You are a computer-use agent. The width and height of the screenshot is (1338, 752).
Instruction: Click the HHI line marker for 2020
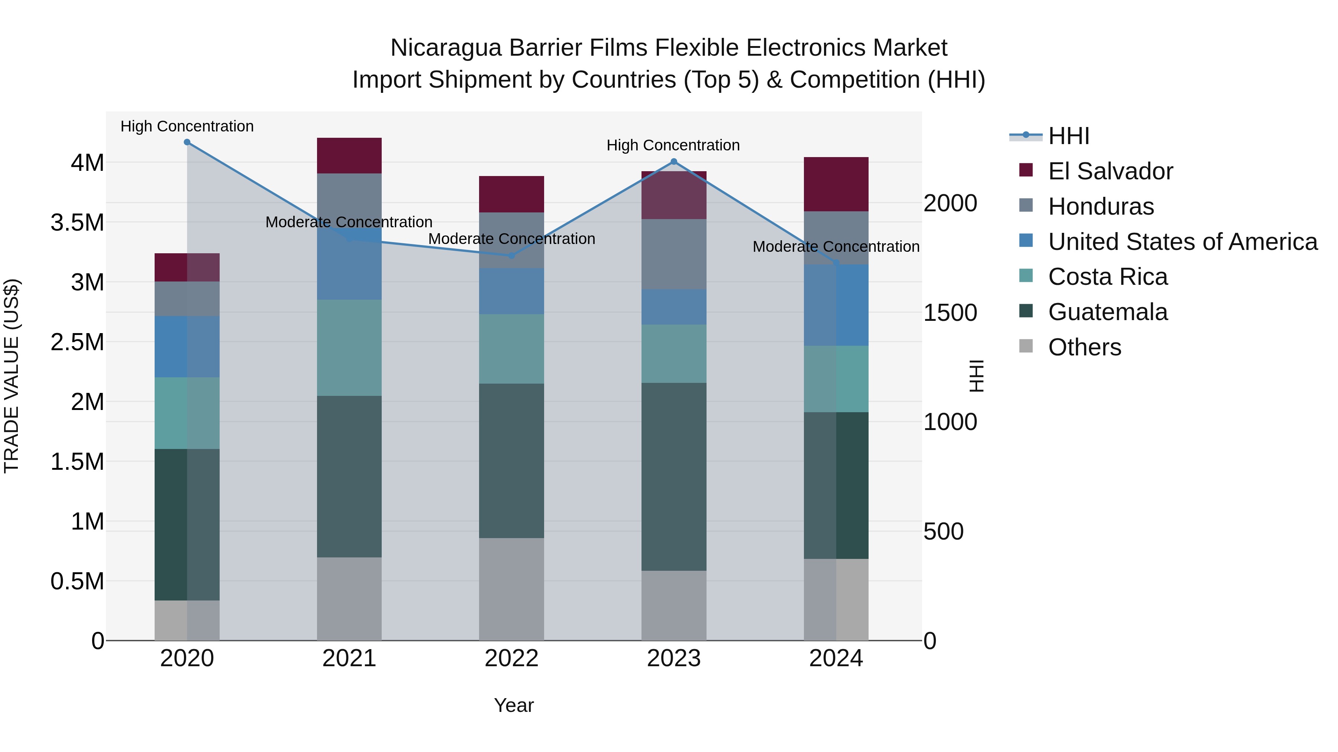click(187, 142)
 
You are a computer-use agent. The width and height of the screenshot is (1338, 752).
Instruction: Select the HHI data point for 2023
click(674, 162)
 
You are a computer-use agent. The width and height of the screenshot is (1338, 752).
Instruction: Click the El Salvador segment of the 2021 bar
click(349, 155)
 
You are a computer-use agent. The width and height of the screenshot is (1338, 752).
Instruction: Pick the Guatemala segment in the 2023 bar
click(674, 476)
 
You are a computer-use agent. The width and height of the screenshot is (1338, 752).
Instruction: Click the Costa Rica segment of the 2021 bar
click(349, 347)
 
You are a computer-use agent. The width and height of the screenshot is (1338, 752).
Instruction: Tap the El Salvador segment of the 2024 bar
click(836, 184)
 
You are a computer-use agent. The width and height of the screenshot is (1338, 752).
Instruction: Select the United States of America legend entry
click(1182, 242)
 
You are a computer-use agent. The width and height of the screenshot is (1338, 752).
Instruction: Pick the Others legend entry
click(1085, 347)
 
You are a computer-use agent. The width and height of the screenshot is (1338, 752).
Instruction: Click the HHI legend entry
click(1068, 136)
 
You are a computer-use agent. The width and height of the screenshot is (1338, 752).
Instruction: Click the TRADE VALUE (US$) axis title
click(12, 376)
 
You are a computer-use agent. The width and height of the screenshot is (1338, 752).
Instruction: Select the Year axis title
click(514, 705)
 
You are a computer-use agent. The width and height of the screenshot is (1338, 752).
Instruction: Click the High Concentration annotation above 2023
click(673, 145)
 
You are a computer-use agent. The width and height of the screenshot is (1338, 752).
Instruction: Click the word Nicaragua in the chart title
click(446, 48)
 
